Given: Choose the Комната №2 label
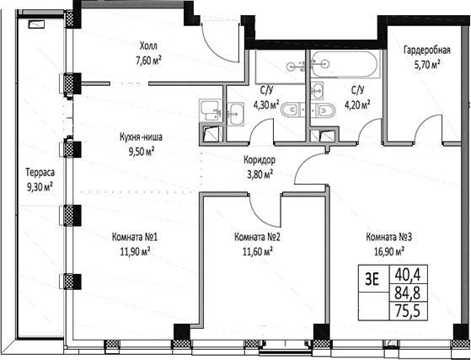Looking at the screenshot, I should coord(257,237).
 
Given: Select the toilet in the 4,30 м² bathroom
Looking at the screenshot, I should coord(289,108).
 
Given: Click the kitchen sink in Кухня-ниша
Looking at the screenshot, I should coord(210,106).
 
